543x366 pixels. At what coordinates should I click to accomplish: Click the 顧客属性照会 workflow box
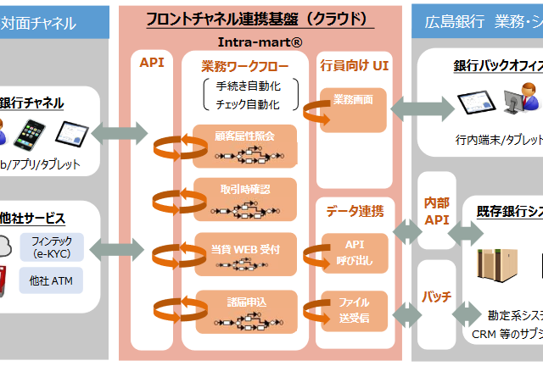246,142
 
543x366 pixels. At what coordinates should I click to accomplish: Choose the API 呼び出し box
355,250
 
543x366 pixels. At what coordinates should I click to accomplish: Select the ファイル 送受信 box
355,306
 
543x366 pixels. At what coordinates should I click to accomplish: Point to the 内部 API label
436,209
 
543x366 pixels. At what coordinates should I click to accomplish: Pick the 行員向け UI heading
355,64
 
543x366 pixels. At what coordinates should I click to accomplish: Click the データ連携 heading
354,209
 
